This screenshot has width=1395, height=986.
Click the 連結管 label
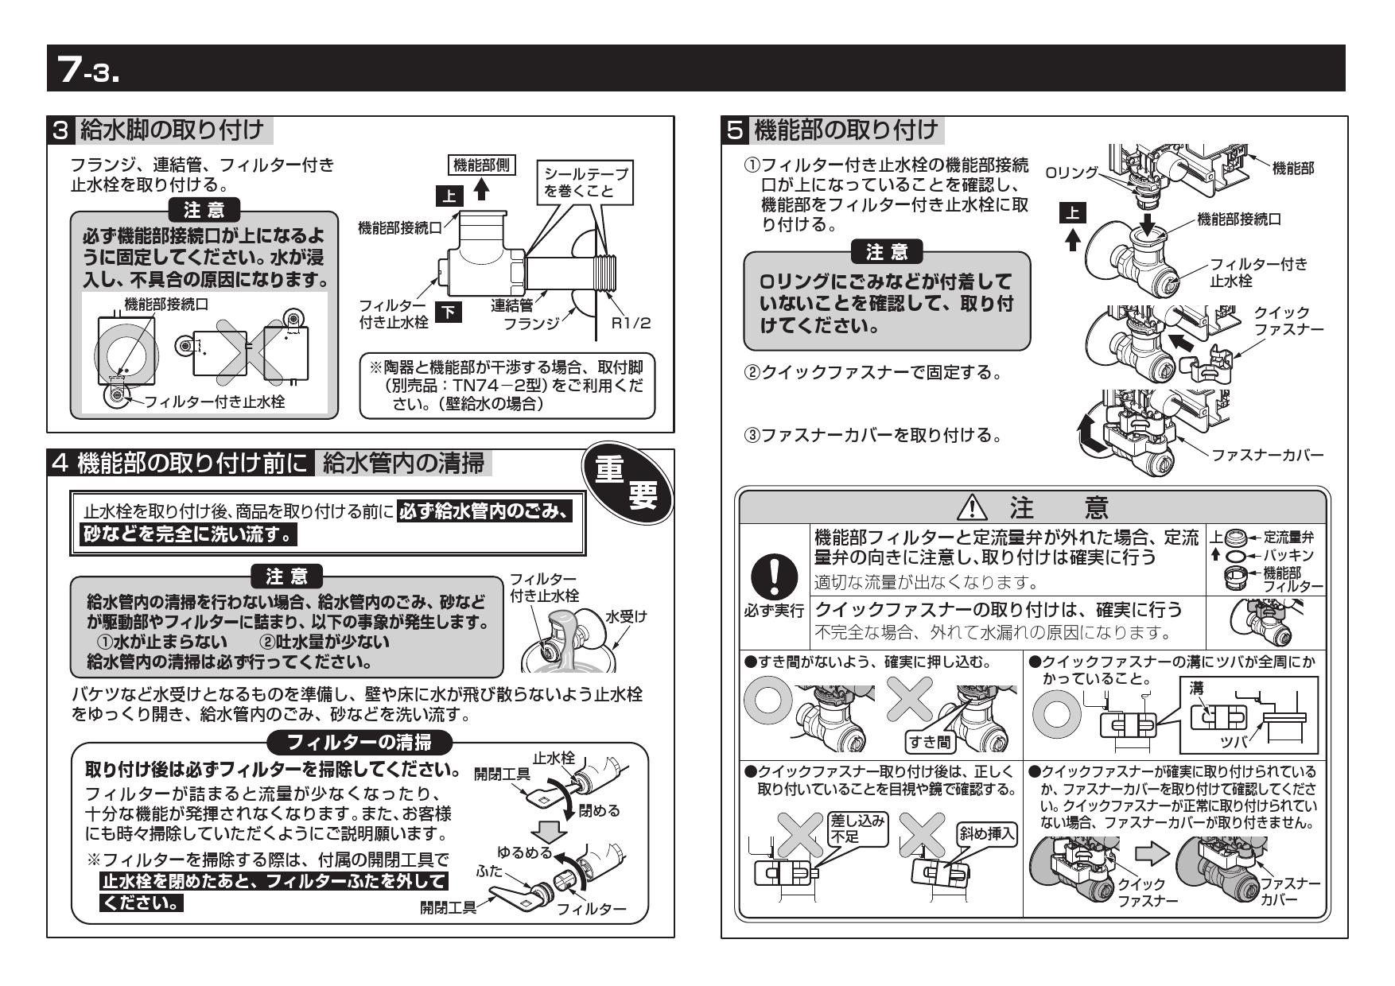[511, 305]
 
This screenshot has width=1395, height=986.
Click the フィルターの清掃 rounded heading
[359, 743]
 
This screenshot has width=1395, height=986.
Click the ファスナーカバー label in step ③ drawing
[1267, 455]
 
